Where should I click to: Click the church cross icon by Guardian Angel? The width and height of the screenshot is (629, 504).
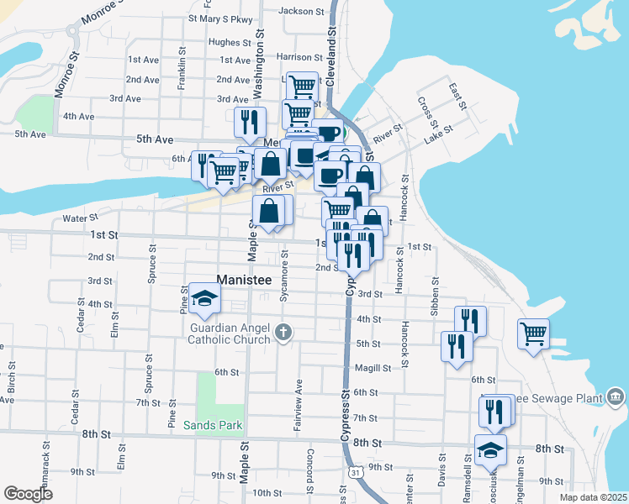pos(284,333)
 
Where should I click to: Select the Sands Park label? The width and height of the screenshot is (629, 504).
pos(213,425)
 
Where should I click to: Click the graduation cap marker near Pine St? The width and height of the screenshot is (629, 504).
pos(203,297)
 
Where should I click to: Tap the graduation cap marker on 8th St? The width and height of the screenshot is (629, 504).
pos(490,449)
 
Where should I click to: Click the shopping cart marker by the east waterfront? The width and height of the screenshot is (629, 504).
pos(533,333)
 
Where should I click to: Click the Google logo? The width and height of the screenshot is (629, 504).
pos(28,494)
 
